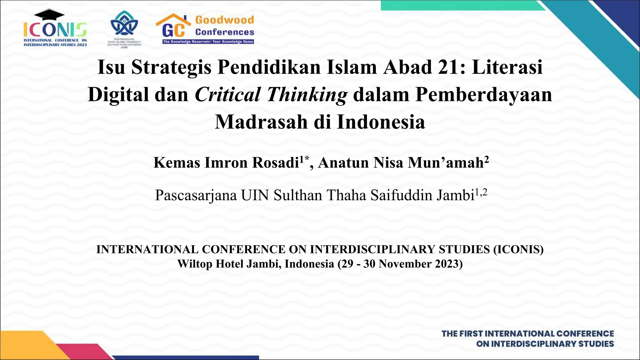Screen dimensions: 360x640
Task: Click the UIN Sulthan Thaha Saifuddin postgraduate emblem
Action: click(124, 23)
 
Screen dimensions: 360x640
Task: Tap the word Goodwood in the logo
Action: click(224, 20)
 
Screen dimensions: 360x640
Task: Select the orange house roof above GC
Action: click(173, 19)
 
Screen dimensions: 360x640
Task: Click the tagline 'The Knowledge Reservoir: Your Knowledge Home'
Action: click(208, 42)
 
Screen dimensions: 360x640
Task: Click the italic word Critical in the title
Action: click(227, 94)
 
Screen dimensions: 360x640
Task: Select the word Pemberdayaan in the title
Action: click(483, 94)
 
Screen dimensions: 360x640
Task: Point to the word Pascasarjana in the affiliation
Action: click(196, 195)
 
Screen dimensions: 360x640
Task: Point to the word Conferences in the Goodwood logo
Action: click(224, 32)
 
